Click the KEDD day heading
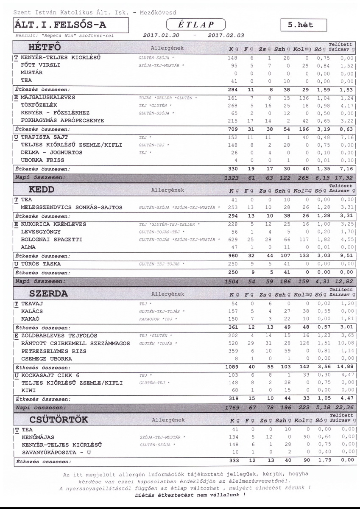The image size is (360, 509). pos(42,189)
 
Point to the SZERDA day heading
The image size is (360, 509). pos(48,294)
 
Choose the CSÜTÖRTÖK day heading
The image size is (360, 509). pos(59,420)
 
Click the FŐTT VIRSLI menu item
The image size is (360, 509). pos(40,65)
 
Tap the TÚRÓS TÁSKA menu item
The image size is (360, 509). pos(41,264)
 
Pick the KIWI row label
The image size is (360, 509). pos(29,390)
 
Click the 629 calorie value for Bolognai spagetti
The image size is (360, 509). pos(232,240)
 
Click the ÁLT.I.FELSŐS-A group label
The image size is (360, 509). pos(60,25)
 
